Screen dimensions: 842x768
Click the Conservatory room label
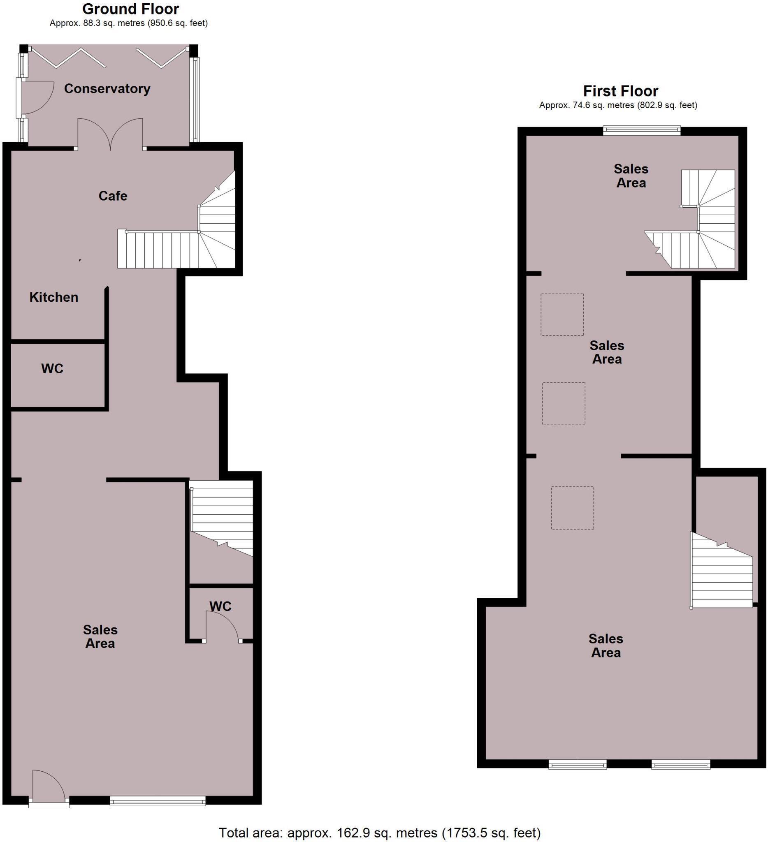pyautogui.click(x=107, y=88)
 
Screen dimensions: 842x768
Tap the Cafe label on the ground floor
pyautogui.click(x=113, y=195)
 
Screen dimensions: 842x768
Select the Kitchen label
pyautogui.click(x=54, y=297)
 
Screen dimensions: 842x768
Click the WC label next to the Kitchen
pyautogui.click(x=52, y=368)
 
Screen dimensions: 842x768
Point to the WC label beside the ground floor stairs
pyautogui.click(x=220, y=606)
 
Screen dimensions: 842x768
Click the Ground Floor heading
pyautogui.click(x=130, y=9)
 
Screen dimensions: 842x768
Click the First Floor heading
pyautogui.click(x=620, y=90)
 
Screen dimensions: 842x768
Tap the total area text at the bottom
pyautogui.click(x=379, y=833)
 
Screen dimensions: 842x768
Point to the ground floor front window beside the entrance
pyautogui.click(x=158, y=800)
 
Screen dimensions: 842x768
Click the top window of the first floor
pyautogui.click(x=642, y=131)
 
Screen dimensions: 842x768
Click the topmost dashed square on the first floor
pyautogui.click(x=562, y=314)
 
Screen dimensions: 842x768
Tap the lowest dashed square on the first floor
pyautogui.click(x=572, y=508)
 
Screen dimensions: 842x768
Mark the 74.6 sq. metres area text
pyautogui.click(x=618, y=105)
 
